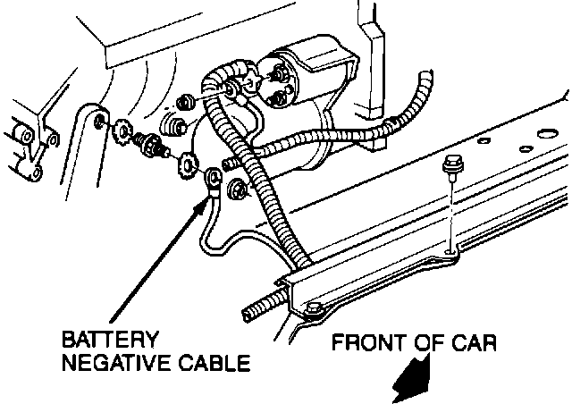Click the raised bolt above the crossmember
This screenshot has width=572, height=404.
(x=452, y=165)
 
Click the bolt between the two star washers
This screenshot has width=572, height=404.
(x=152, y=146)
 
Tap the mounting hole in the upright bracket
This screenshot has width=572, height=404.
(x=97, y=119)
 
